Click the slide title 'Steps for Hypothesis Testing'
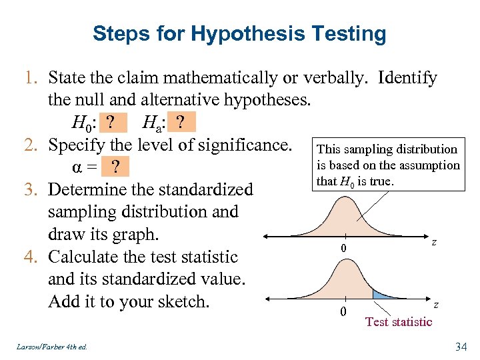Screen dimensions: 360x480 click(x=239, y=33)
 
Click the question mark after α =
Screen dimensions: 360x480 click(x=117, y=167)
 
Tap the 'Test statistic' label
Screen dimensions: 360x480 click(x=399, y=322)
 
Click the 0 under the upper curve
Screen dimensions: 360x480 click(x=343, y=249)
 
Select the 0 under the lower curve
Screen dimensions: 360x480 click(x=343, y=312)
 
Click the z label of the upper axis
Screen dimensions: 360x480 click(x=434, y=243)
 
